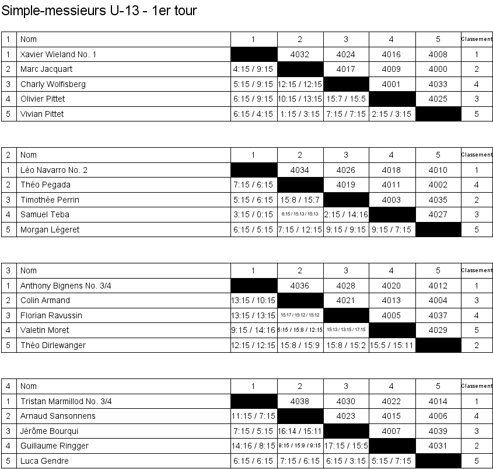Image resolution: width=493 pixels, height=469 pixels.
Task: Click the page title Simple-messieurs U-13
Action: (x=99, y=11)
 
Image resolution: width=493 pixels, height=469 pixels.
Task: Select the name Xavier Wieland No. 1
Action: (x=58, y=54)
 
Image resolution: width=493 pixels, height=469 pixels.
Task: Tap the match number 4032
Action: (x=299, y=54)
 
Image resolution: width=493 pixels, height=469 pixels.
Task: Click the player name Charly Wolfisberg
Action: (x=53, y=84)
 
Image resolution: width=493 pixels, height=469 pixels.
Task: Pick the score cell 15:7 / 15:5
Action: (x=346, y=99)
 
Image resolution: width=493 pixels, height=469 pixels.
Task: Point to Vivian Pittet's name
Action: (x=42, y=114)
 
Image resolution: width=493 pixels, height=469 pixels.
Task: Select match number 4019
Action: (x=346, y=185)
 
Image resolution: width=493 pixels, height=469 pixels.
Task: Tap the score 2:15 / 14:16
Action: (x=346, y=214)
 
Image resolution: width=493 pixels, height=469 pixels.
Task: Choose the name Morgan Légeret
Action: (x=50, y=230)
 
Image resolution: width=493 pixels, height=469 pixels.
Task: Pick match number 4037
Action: (x=438, y=315)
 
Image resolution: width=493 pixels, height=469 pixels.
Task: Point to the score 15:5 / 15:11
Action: (x=392, y=345)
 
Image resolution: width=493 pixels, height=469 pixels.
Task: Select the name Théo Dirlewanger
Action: (x=53, y=345)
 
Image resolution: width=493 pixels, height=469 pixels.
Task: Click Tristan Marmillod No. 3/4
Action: (x=66, y=401)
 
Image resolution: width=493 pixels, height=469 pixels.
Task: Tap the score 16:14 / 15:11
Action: (x=300, y=431)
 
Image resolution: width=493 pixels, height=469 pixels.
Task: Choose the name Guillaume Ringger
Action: (x=55, y=446)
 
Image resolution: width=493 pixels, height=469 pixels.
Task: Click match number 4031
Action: (x=438, y=446)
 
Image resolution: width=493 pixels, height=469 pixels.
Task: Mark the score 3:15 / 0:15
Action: (x=253, y=214)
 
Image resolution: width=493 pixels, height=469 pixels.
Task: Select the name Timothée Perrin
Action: (x=50, y=200)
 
